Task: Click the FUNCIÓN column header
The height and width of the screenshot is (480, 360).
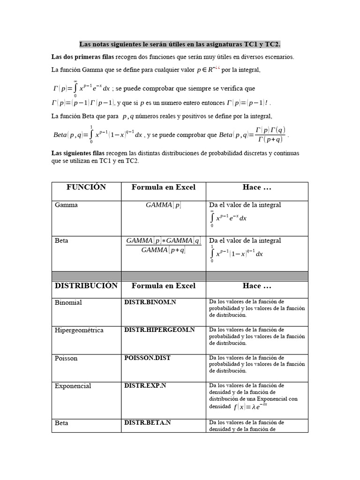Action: click(86, 187)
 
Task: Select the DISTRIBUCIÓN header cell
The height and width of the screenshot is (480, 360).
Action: click(86, 285)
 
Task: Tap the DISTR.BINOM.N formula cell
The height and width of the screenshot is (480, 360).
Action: click(150, 302)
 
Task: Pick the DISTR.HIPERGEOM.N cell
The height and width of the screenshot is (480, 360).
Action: click(159, 330)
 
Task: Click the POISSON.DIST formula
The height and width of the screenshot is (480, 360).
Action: click(147, 358)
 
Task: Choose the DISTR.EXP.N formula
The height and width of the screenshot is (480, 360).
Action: click(146, 385)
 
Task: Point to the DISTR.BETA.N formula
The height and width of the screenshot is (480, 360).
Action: click(147, 422)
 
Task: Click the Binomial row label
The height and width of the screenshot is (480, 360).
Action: click(68, 302)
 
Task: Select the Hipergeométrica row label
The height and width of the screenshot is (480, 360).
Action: click(79, 330)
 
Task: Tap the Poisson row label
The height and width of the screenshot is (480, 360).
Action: click(66, 358)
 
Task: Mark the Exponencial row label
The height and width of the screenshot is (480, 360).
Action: click(73, 386)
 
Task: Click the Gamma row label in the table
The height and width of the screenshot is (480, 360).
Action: click(66, 205)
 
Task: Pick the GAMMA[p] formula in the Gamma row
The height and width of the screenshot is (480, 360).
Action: click(163, 205)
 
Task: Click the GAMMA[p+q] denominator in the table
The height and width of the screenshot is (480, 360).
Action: click(163, 250)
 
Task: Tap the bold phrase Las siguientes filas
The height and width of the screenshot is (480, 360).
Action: click(78, 153)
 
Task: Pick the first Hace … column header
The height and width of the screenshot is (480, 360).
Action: click(257, 187)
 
